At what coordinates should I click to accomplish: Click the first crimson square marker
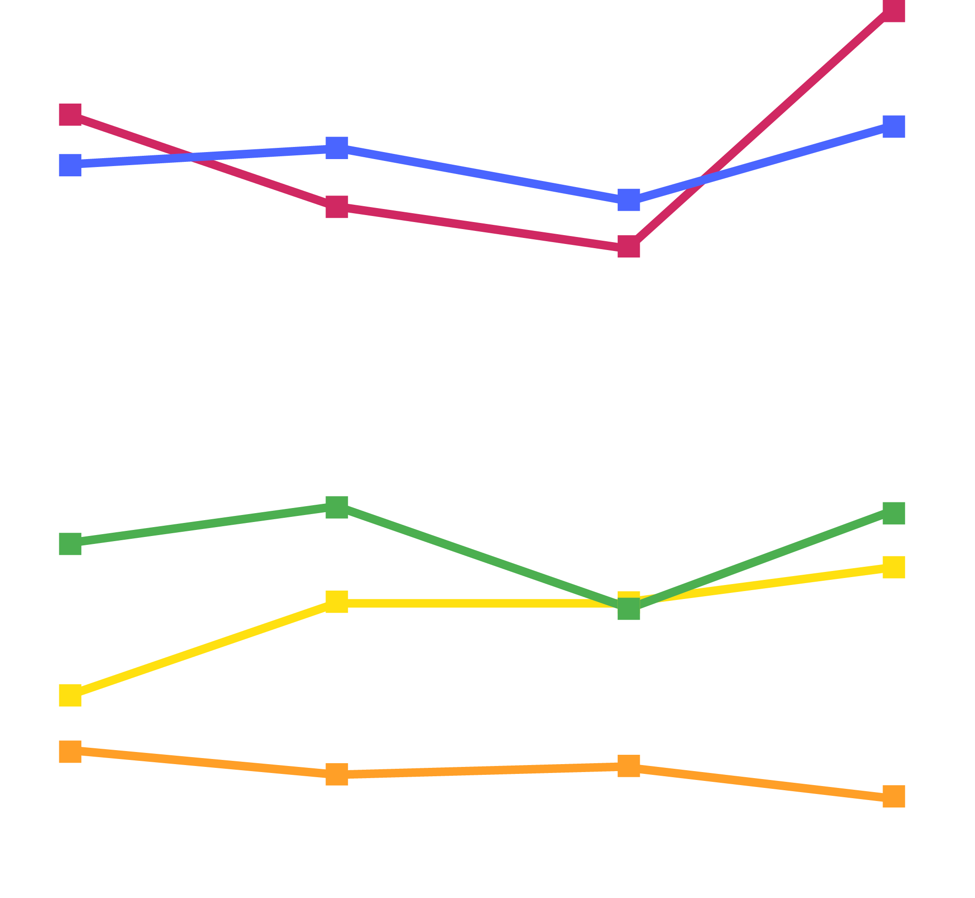(70, 114)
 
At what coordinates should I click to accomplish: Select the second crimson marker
(337, 207)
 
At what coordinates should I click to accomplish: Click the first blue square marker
(70, 165)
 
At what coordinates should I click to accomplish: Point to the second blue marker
(337, 148)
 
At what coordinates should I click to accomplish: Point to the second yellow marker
(337, 602)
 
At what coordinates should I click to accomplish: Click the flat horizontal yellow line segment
(481, 604)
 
